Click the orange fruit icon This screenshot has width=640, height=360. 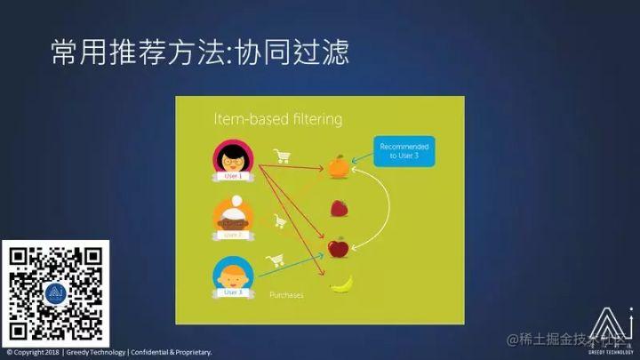338,166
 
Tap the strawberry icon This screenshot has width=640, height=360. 339,209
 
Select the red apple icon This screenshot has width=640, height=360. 338,246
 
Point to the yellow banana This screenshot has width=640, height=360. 341,284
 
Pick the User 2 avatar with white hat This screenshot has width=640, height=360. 231,216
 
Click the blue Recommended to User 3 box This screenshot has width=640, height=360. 404,150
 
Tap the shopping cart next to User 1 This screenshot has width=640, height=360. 283,156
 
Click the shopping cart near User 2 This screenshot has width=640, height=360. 279,220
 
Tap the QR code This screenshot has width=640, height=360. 55,292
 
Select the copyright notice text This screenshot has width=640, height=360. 108,353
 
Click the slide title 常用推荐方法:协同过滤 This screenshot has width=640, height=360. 200,51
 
